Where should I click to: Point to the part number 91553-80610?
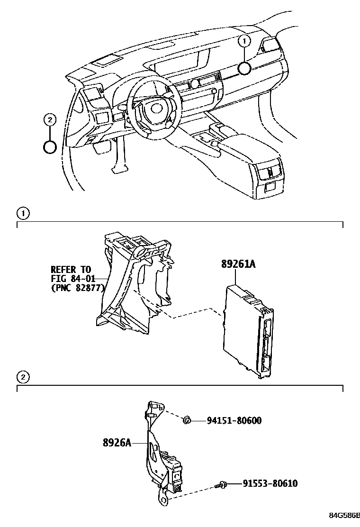[270, 483]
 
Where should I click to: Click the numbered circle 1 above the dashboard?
[244, 42]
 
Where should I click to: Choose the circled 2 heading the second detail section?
[23, 377]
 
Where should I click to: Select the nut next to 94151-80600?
[187, 419]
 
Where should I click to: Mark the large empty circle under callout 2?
[50, 147]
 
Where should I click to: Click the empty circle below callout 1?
[244, 68]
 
